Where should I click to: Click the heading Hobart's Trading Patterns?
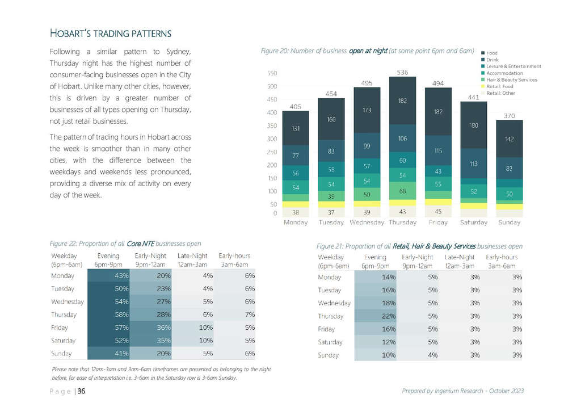tap(111, 33)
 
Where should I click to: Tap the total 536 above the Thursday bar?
tap(402, 72)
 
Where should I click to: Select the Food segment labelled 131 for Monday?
tap(295, 128)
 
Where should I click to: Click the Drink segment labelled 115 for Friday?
tap(438, 150)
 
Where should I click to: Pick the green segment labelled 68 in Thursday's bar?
tap(402, 191)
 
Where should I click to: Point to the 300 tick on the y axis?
tap(272, 139)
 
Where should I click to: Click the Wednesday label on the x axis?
tap(367, 223)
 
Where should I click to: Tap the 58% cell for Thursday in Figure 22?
tap(108, 314)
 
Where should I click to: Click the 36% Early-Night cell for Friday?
tap(151, 328)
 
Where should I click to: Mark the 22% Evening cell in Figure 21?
tap(376, 316)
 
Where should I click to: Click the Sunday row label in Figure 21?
tap(329, 355)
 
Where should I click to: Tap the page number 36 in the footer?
tap(82, 391)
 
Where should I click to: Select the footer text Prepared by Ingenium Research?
tap(443, 391)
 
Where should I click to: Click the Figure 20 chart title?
tap(368, 51)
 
